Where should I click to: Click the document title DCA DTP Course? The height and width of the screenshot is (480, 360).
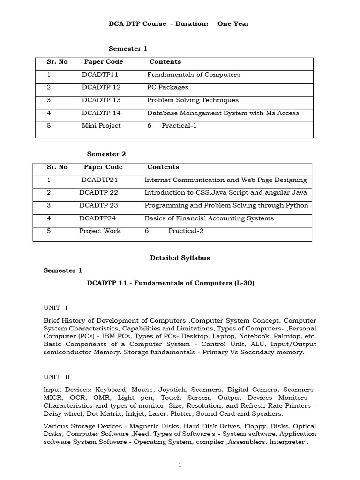137,24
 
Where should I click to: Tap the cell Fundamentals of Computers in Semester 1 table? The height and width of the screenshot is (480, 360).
193,75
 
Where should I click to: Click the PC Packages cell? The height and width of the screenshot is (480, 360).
167,87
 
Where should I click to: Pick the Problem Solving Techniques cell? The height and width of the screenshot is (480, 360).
193,100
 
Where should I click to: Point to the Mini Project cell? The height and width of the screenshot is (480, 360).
101,125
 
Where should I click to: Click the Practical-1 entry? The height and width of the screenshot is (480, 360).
179,125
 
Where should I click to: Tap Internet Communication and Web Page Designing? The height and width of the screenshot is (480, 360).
225,180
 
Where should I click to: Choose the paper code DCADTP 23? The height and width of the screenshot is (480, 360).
98,205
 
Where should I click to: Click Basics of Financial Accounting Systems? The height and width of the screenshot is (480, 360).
209,218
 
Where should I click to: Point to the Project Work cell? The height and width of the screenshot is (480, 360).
100,231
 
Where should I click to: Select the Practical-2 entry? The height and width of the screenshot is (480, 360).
186,231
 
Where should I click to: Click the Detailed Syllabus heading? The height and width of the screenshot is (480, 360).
180,258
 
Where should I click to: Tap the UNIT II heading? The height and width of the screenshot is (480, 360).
57,377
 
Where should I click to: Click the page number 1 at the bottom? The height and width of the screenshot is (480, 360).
180,465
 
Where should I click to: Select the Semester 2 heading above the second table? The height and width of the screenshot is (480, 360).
106,154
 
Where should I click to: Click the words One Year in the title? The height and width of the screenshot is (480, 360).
233,24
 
